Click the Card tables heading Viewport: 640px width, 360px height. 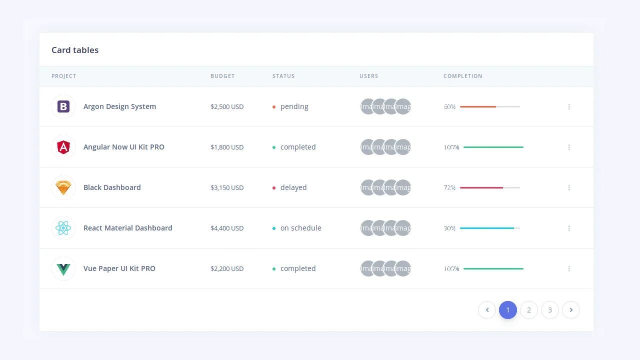(x=75, y=50)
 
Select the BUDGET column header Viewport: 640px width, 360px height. (x=222, y=76)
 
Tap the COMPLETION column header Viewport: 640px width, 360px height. (x=462, y=76)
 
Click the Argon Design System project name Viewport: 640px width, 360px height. (x=119, y=106)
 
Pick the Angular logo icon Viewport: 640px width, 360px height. (x=63, y=147)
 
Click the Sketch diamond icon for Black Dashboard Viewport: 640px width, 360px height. (x=63, y=187)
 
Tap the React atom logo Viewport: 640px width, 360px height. (x=63, y=228)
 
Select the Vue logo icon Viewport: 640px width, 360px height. (x=63, y=268)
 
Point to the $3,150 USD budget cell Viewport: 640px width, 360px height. (x=227, y=187)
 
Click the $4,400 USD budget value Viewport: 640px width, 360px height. (x=227, y=228)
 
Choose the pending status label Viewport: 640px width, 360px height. (x=294, y=106)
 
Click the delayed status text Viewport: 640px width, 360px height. (x=293, y=187)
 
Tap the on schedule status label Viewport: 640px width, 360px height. (x=300, y=228)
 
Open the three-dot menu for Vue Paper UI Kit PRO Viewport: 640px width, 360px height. (x=569, y=268)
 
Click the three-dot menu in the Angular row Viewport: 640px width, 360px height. (x=569, y=147)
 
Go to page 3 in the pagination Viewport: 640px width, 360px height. (x=550, y=310)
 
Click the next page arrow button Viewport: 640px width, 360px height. (x=571, y=310)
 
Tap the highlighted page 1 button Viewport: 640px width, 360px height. (x=508, y=310)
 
